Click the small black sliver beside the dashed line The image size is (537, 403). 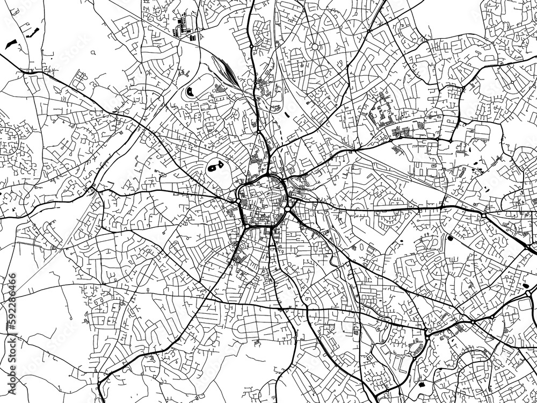pyautogui.click(x=286, y=113)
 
